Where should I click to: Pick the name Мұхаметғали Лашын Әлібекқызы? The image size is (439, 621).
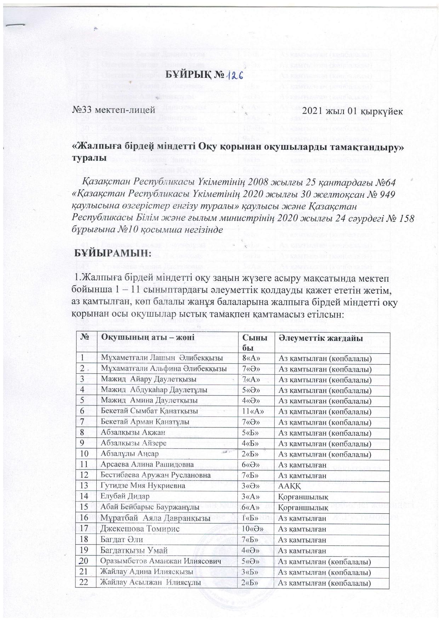(x=162, y=358)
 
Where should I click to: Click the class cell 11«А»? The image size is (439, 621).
(x=253, y=412)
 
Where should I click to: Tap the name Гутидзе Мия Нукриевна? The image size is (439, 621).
(x=143, y=486)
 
